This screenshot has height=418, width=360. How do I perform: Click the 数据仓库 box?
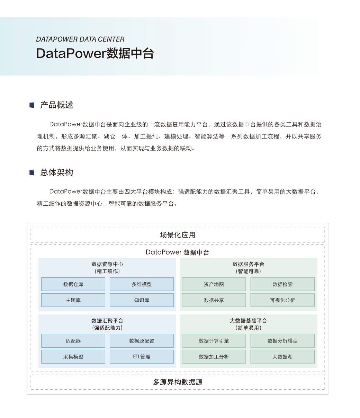click(73, 284)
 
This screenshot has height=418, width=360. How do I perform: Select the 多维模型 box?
click(142, 284)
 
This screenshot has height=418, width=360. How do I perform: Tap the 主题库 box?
click(73, 300)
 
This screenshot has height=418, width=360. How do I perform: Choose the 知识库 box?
click(142, 300)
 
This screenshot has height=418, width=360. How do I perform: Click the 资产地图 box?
click(214, 284)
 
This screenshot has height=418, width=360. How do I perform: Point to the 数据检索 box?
click(282, 284)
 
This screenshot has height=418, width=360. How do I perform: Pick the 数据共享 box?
click(214, 300)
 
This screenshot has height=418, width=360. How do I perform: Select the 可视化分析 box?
click(282, 300)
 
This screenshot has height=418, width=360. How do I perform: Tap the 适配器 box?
click(73, 341)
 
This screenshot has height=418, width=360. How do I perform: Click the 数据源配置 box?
click(142, 341)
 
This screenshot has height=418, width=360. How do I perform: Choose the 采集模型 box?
click(73, 357)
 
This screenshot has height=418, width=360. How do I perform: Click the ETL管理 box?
click(142, 357)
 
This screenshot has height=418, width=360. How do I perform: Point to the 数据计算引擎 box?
click(214, 341)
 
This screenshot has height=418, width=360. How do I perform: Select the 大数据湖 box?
click(282, 357)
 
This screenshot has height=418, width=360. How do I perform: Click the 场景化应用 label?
click(178, 235)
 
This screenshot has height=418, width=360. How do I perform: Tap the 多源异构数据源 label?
click(178, 382)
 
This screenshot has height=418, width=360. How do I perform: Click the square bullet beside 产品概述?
click(32, 105)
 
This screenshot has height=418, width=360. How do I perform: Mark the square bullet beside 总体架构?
click(32, 172)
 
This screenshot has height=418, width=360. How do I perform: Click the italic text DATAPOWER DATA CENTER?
click(80, 39)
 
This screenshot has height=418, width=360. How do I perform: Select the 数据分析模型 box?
click(282, 341)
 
